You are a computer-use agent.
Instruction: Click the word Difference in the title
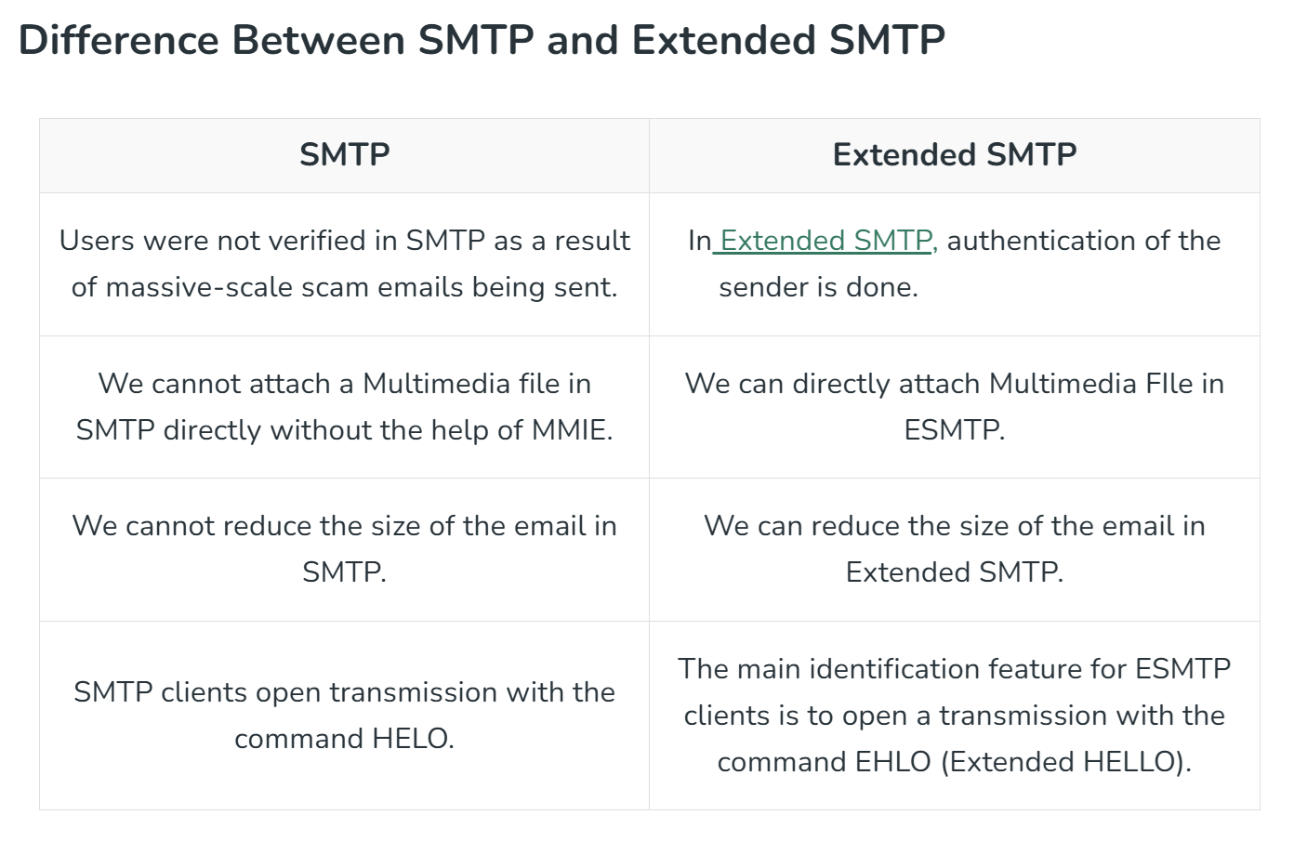pos(118,41)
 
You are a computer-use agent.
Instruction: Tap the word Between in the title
pos(318,41)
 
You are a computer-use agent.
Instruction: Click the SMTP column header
pos(344,155)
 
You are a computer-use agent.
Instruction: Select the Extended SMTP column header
pos(955,155)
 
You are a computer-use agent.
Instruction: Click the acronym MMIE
pos(572,429)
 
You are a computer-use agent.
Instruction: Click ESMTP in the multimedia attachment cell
pos(955,429)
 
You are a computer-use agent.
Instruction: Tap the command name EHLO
pos(893,761)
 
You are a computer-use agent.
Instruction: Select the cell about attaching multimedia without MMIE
pos(344,407)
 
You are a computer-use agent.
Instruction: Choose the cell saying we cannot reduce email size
pos(344,549)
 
